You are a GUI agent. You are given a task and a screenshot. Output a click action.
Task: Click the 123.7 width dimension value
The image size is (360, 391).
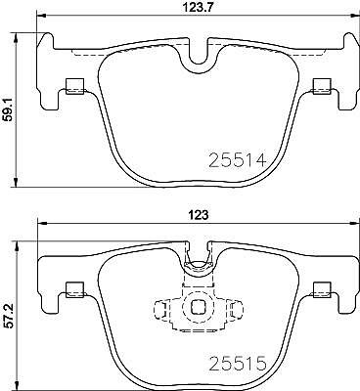click(x=197, y=7)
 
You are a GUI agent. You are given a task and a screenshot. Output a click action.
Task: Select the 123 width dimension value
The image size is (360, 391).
click(x=199, y=215)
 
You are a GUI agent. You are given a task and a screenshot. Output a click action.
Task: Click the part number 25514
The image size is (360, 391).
click(x=238, y=159)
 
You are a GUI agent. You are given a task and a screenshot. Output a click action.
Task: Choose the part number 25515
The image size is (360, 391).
click(x=238, y=364)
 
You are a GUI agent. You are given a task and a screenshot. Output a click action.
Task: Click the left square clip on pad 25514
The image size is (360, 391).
click(x=75, y=86)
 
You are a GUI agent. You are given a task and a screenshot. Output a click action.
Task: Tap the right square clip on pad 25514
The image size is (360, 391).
click(x=322, y=86)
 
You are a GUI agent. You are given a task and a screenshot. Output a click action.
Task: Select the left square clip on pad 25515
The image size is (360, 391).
click(x=75, y=290)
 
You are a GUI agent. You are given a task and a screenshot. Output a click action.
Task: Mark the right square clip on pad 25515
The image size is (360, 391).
click(x=322, y=290)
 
